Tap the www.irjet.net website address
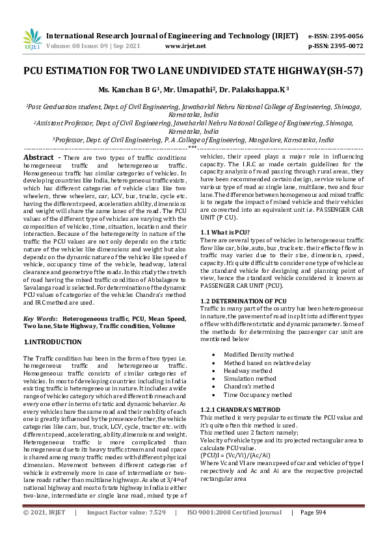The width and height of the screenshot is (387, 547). click(x=185, y=46)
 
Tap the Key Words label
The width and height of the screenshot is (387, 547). click(x=38, y=319)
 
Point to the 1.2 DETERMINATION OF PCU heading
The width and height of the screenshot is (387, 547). click(x=243, y=301)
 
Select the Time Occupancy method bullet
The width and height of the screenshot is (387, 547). click(x=258, y=394)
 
